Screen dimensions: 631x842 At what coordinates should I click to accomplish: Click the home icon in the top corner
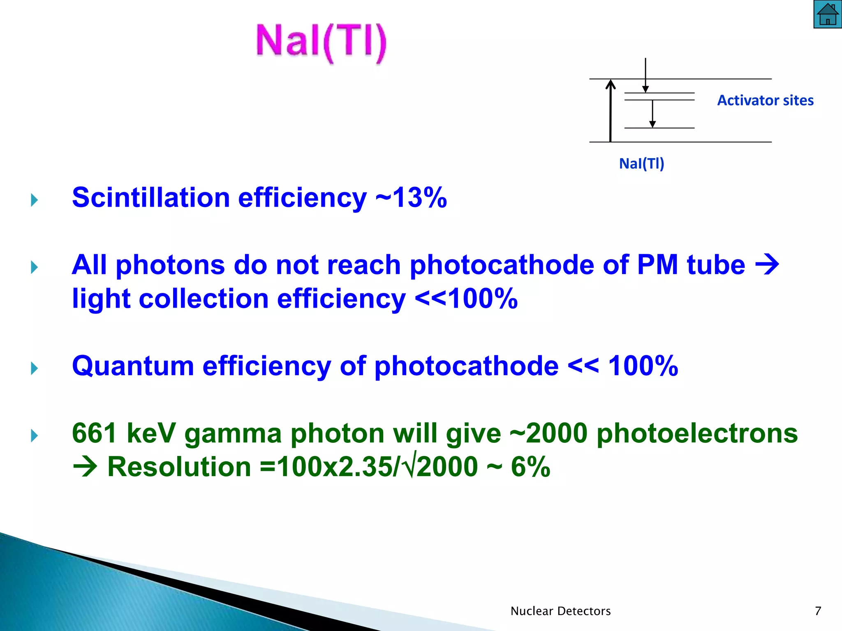click(x=827, y=14)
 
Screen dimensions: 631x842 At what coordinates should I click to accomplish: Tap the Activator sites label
click(x=765, y=101)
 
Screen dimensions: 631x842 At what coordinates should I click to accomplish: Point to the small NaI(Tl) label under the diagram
click(x=641, y=164)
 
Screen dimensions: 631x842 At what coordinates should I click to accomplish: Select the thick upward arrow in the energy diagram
click(x=611, y=111)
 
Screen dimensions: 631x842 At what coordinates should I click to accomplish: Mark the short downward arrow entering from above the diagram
click(x=645, y=75)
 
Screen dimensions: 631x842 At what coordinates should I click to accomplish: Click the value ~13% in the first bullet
click(x=411, y=198)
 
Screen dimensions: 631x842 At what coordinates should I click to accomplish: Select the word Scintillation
click(x=150, y=198)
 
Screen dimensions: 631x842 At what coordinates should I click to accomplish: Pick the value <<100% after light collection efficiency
click(x=466, y=299)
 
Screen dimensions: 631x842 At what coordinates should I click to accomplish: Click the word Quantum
click(x=133, y=366)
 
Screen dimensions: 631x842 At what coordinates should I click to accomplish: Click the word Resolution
click(x=179, y=467)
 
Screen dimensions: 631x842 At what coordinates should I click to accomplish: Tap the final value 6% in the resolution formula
click(x=530, y=467)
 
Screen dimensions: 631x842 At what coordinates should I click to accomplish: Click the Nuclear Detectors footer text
click(x=560, y=611)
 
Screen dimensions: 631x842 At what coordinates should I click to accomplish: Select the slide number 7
click(x=818, y=611)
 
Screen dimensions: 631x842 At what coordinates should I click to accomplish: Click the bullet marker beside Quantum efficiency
click(x=35, y=368)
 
